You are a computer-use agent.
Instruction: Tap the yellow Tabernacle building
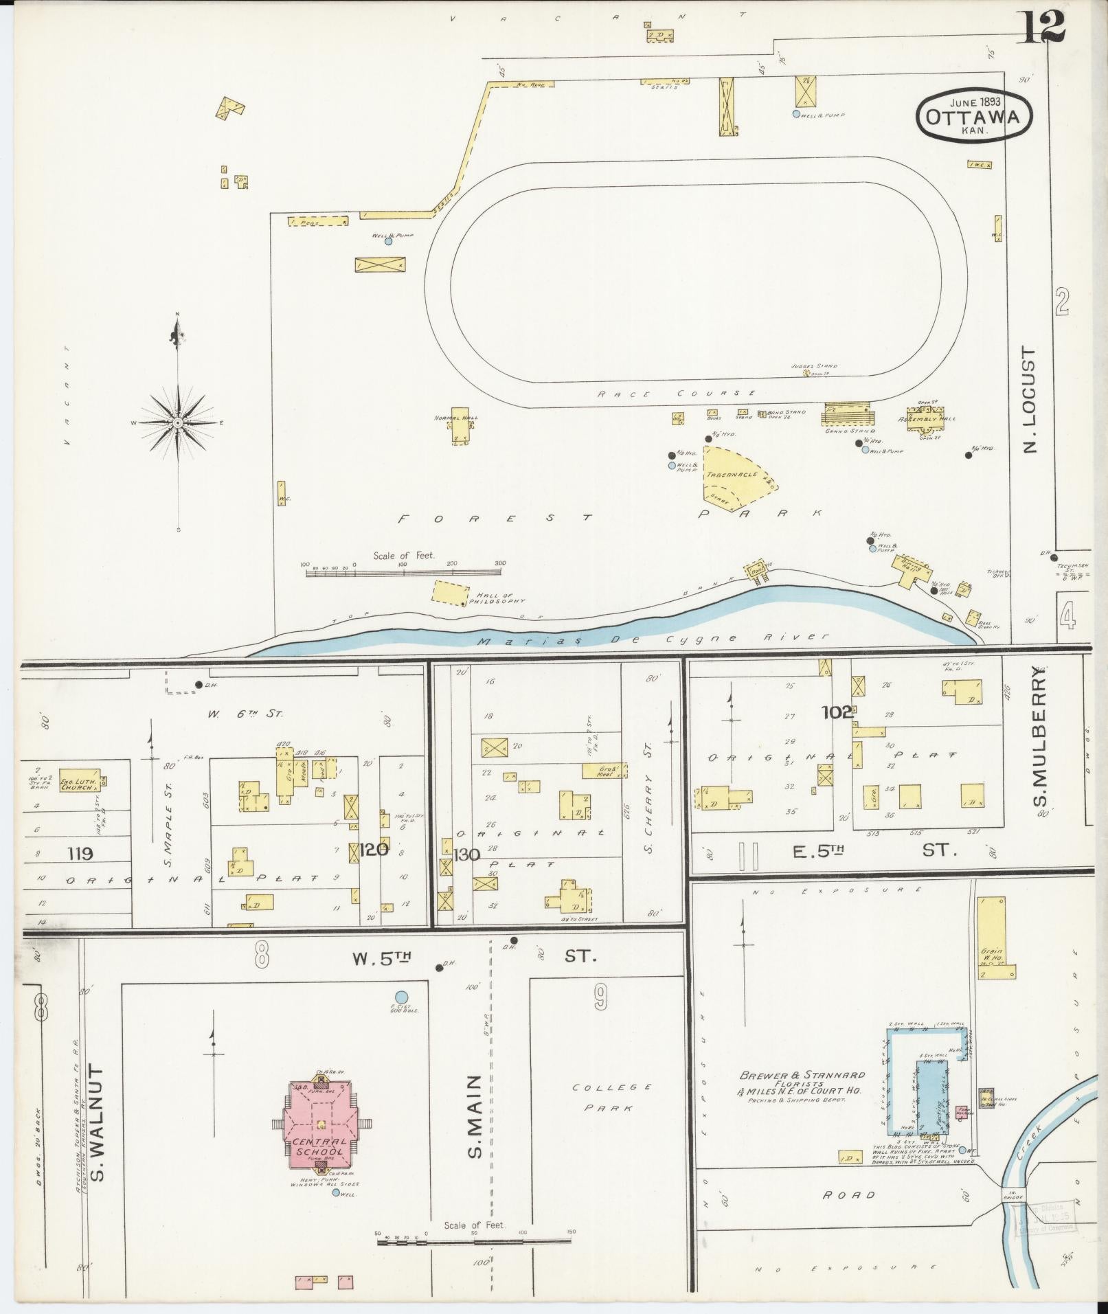pos(735,476)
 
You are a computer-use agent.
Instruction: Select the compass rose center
pos(178,422)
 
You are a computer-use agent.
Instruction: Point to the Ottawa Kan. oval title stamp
pos(975,117)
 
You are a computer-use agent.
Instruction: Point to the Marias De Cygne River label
pos(653,638)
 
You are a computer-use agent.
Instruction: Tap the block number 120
pos(374,850)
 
